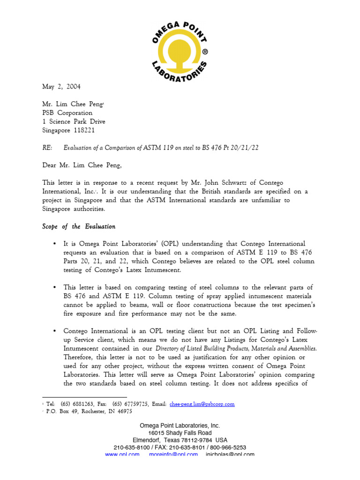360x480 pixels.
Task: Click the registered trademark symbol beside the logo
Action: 204,52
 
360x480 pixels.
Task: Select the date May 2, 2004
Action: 61,87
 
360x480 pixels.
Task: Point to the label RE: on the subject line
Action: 47,148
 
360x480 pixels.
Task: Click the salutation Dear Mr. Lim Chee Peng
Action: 84,165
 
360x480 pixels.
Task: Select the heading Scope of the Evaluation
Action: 79,226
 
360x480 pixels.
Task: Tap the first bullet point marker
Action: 55,244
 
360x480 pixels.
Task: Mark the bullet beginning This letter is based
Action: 55,287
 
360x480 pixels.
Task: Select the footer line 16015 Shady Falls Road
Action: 180,433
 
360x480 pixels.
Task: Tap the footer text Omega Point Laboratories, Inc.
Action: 180,425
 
